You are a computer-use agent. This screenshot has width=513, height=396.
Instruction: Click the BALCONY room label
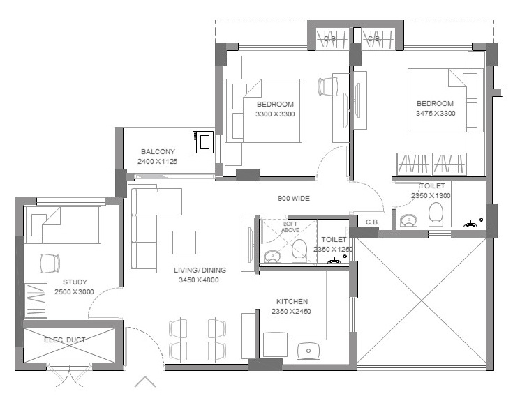[158, 151]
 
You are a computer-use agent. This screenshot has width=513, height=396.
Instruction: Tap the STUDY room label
[75, 282]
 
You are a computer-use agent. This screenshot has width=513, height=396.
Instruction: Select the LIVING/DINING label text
[200, 271]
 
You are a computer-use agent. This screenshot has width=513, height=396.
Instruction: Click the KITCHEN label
[292, 302]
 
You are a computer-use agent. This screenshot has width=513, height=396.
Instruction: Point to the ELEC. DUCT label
[65, 340]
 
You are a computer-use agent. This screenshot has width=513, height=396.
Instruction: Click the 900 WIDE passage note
[294, 198]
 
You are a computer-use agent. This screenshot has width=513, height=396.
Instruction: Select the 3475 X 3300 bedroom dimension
[436, 114]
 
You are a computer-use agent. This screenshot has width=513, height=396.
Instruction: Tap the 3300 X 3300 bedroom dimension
[275, 114]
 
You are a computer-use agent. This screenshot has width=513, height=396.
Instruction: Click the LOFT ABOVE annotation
[290, 227]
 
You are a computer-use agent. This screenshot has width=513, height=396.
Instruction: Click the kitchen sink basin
[308, 351]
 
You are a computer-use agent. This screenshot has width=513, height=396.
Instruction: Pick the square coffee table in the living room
[184, 243]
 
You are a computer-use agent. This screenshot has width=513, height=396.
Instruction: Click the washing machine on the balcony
[203, 142]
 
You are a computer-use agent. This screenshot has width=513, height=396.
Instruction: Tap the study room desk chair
[50, 263]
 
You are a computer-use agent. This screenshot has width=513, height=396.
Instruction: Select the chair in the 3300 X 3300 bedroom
[327, 86]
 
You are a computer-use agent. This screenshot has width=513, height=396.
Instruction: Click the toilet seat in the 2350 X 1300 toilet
[436, 214]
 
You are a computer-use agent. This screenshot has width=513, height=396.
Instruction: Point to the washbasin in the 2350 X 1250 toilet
[272, 257]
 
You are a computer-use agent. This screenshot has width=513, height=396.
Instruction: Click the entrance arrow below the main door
[145, 381]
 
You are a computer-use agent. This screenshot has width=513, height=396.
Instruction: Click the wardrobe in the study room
[36, 300]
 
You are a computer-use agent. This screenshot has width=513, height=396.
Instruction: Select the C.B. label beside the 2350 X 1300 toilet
[372, 222]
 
